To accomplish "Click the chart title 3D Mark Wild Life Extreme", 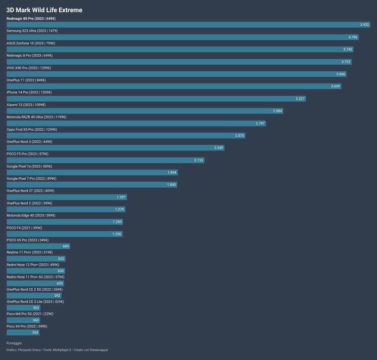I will click(44, 9).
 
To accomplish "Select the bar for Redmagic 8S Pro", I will click(188, 25).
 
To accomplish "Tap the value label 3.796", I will click(353, 37).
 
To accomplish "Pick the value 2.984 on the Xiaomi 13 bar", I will click(278, 110).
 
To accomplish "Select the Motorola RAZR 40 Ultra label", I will click(36, 117).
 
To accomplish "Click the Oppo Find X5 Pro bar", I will click(126, 135).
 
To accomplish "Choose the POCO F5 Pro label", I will click(27, 154).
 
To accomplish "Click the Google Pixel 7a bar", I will click(92, 172).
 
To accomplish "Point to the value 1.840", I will click(172, 184).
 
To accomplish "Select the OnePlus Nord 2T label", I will click(31, 191).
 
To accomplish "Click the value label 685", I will click(66, 246).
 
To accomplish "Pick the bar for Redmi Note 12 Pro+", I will click(36, 271).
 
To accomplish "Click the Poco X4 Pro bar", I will click(23, 332).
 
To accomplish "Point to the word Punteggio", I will click(14, 343).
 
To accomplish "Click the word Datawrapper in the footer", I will click(98, 350).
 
